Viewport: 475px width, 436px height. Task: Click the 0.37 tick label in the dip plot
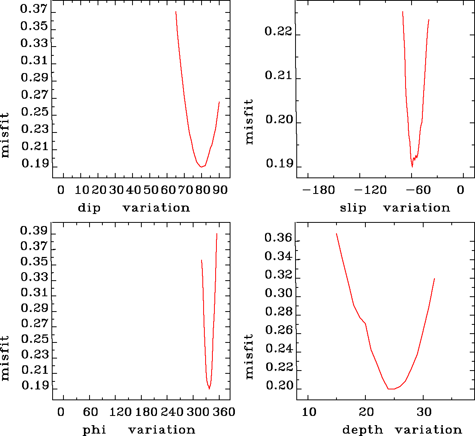pos(34,9)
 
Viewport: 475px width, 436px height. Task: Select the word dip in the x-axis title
pos(89,208)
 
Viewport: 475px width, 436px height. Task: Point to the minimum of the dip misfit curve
pos(201,167)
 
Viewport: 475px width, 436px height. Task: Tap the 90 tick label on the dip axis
pos(220,190)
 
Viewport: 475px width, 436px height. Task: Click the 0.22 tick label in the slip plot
pos(278,31)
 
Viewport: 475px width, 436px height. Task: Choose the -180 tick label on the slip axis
pos(318,190)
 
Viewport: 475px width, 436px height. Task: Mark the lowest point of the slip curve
pos(412,166)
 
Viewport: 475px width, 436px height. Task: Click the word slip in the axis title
pos(353,208)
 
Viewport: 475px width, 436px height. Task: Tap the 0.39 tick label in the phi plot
pos(34,231)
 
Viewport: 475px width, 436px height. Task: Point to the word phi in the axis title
pos(94,430)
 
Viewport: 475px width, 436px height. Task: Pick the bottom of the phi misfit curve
pos(209,389)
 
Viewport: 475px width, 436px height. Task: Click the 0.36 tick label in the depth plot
pos(278,238)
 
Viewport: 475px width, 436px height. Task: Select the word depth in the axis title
pos(363,430)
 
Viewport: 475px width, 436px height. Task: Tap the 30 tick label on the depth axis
pos(423,412)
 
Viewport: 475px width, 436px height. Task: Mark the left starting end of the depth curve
pos(336,234)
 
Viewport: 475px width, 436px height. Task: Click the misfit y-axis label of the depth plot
pos(249,357)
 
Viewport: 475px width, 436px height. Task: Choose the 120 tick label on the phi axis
pos(121,412)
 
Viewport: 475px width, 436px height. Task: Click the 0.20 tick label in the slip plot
pos(278,120)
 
